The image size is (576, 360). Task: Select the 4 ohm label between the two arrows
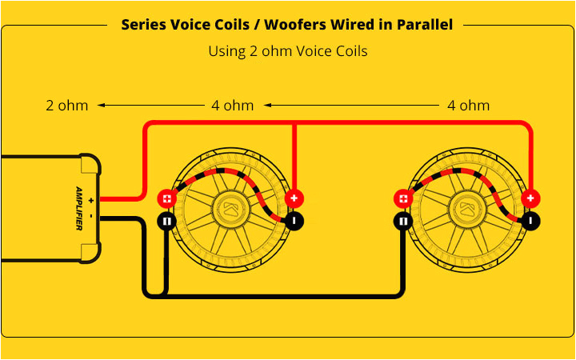232,105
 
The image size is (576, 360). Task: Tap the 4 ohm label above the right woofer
468,105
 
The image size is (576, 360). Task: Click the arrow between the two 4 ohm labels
352,105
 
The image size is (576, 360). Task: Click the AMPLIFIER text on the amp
79,209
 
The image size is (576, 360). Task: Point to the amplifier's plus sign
92,199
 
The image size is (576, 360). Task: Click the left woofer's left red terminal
166,198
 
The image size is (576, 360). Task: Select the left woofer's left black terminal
166,221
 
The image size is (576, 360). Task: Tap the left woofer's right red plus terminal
294,198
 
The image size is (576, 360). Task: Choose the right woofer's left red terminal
403,198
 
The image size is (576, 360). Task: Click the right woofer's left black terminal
403,221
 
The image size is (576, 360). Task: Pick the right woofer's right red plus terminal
530,198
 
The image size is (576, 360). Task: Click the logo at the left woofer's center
230,210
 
